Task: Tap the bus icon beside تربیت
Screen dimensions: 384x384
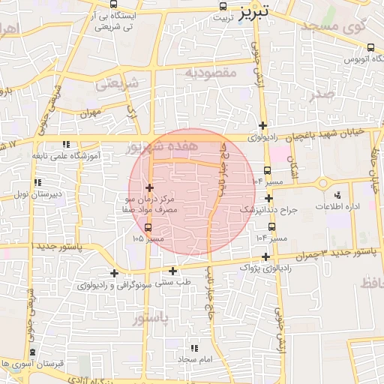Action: pos(222,7)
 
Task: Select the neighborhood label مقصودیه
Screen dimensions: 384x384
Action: pos(211,73)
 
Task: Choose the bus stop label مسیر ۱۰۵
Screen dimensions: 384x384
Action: pos(148,238)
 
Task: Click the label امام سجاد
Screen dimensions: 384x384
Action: pos(196,360)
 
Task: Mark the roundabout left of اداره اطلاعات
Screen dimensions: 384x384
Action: pos(322,182)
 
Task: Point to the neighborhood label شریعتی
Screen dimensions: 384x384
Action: pos(118,84)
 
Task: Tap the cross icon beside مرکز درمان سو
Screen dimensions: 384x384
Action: pos(150,187)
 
